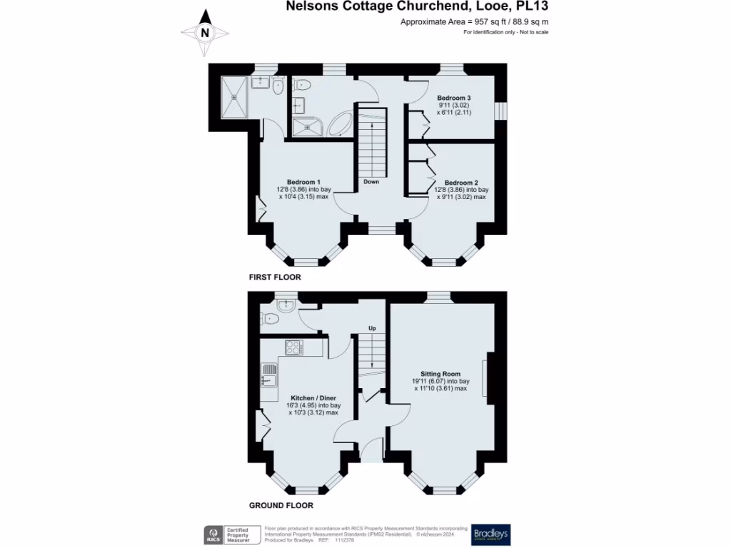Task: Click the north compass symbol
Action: click(x=205, y=32)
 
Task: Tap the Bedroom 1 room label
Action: click(x=303, y=181)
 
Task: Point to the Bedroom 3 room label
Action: click(x=454, y=97)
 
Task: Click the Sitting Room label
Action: click(x=440, y=374)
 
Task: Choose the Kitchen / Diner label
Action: click(x=313, y=397)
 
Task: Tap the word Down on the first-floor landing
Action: click(x=371, y=182)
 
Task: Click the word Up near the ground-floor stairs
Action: click(x=372, y=328)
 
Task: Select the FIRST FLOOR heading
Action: click(x=275, y=277)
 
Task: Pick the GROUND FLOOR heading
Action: click(x=281, y=505)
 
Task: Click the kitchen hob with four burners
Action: click(x=293, y=347)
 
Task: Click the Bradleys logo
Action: click(x=490, y=535)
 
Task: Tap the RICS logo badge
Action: click(x=212, y=535)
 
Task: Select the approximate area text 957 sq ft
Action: click(x=474, y=22)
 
